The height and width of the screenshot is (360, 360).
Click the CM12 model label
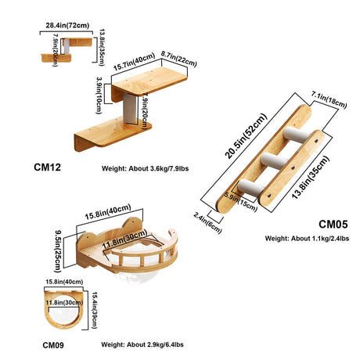point(47,167)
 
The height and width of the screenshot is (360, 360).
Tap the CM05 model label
point(333,225)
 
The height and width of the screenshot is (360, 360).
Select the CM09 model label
point(53,345)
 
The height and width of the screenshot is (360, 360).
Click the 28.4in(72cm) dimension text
point(67,26)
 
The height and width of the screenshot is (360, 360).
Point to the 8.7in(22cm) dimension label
point(179,59)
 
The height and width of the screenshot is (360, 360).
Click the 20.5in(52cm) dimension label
point(246,136)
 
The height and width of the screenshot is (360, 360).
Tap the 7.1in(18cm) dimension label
point(329,100)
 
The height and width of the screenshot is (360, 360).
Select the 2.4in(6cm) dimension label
point(207,223)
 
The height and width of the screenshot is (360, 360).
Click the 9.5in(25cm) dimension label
point(58,250)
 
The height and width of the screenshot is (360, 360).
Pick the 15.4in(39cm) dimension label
point(95,310)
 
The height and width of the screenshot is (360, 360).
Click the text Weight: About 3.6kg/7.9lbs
point(145,168)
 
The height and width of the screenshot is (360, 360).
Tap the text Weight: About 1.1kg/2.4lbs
point(307,239)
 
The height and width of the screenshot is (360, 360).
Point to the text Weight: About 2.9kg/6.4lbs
point(142,344)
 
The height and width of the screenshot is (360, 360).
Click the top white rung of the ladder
point(297,134)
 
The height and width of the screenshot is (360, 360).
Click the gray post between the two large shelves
point(130,109)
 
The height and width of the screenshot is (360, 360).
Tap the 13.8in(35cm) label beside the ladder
point(311,178)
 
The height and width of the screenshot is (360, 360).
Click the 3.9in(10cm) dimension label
point(99,95)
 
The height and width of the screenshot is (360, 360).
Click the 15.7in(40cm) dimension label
point(134,62)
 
